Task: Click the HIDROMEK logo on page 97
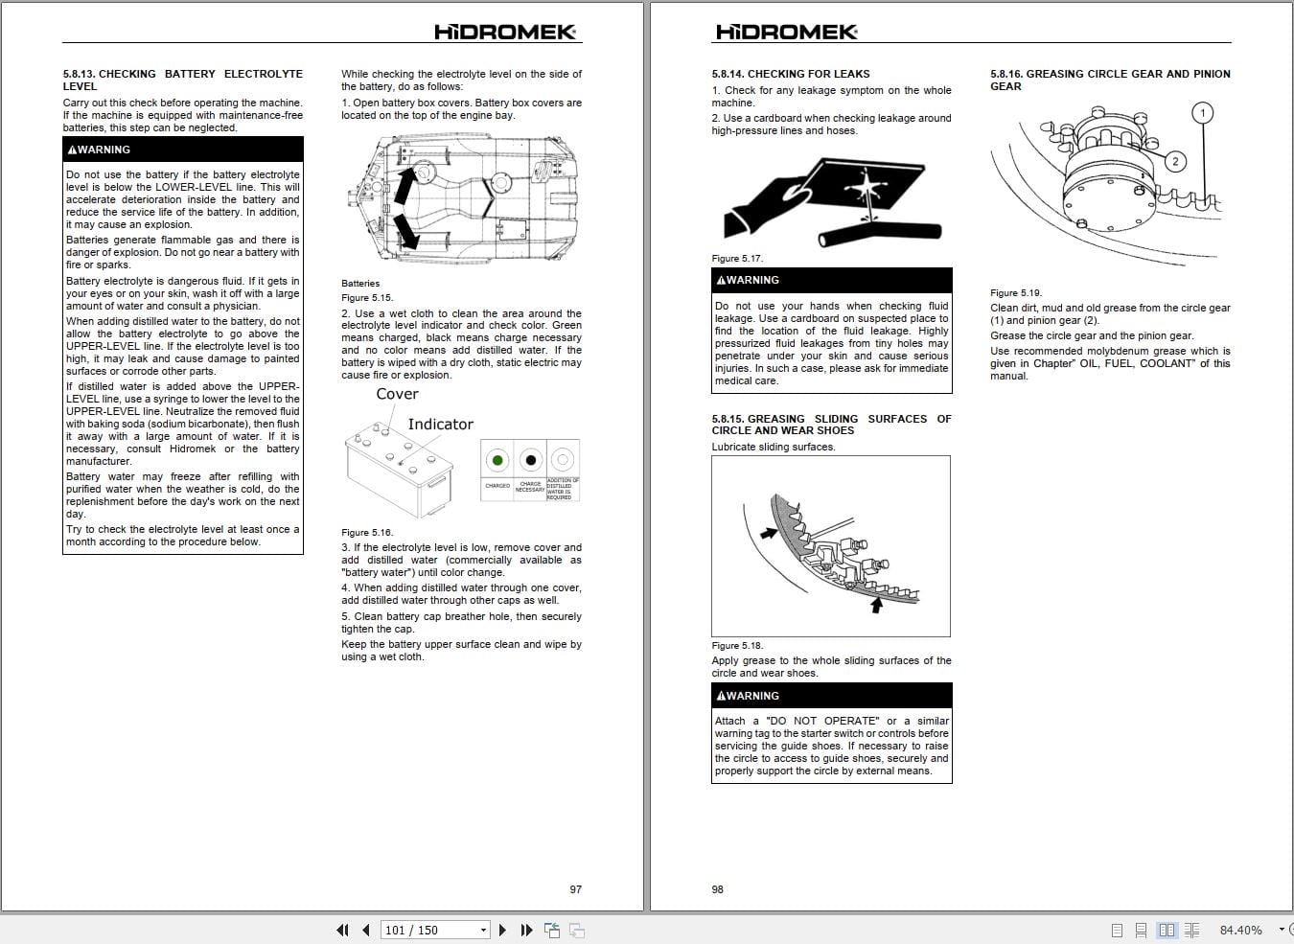(x=505, y=32)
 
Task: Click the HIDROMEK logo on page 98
(x=787, y=32)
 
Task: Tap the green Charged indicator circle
(x=497, y=460)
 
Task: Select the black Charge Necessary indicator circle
(x=530, y=460)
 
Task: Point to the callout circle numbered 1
(x=1203, y=113)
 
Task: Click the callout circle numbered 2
(x=1175, y=162)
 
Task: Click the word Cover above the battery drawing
(x=397, y=394)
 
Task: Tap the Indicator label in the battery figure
(x=441, y=424)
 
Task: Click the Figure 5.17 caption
(x=737, y=258)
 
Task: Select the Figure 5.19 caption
(x=1016, y=293)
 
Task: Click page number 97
(x=575, y=889)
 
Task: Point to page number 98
(x=718, y=889)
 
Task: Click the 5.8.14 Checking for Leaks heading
(x=790, y=74)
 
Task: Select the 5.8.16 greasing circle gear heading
(x=1110, y=80)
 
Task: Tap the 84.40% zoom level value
(x=1240, y=931)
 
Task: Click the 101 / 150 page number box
(x=434, y=931)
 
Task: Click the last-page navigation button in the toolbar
(x=526, y=931)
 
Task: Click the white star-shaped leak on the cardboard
(x=865, y=187)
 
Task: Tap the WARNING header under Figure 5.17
(x=832, y=280)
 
